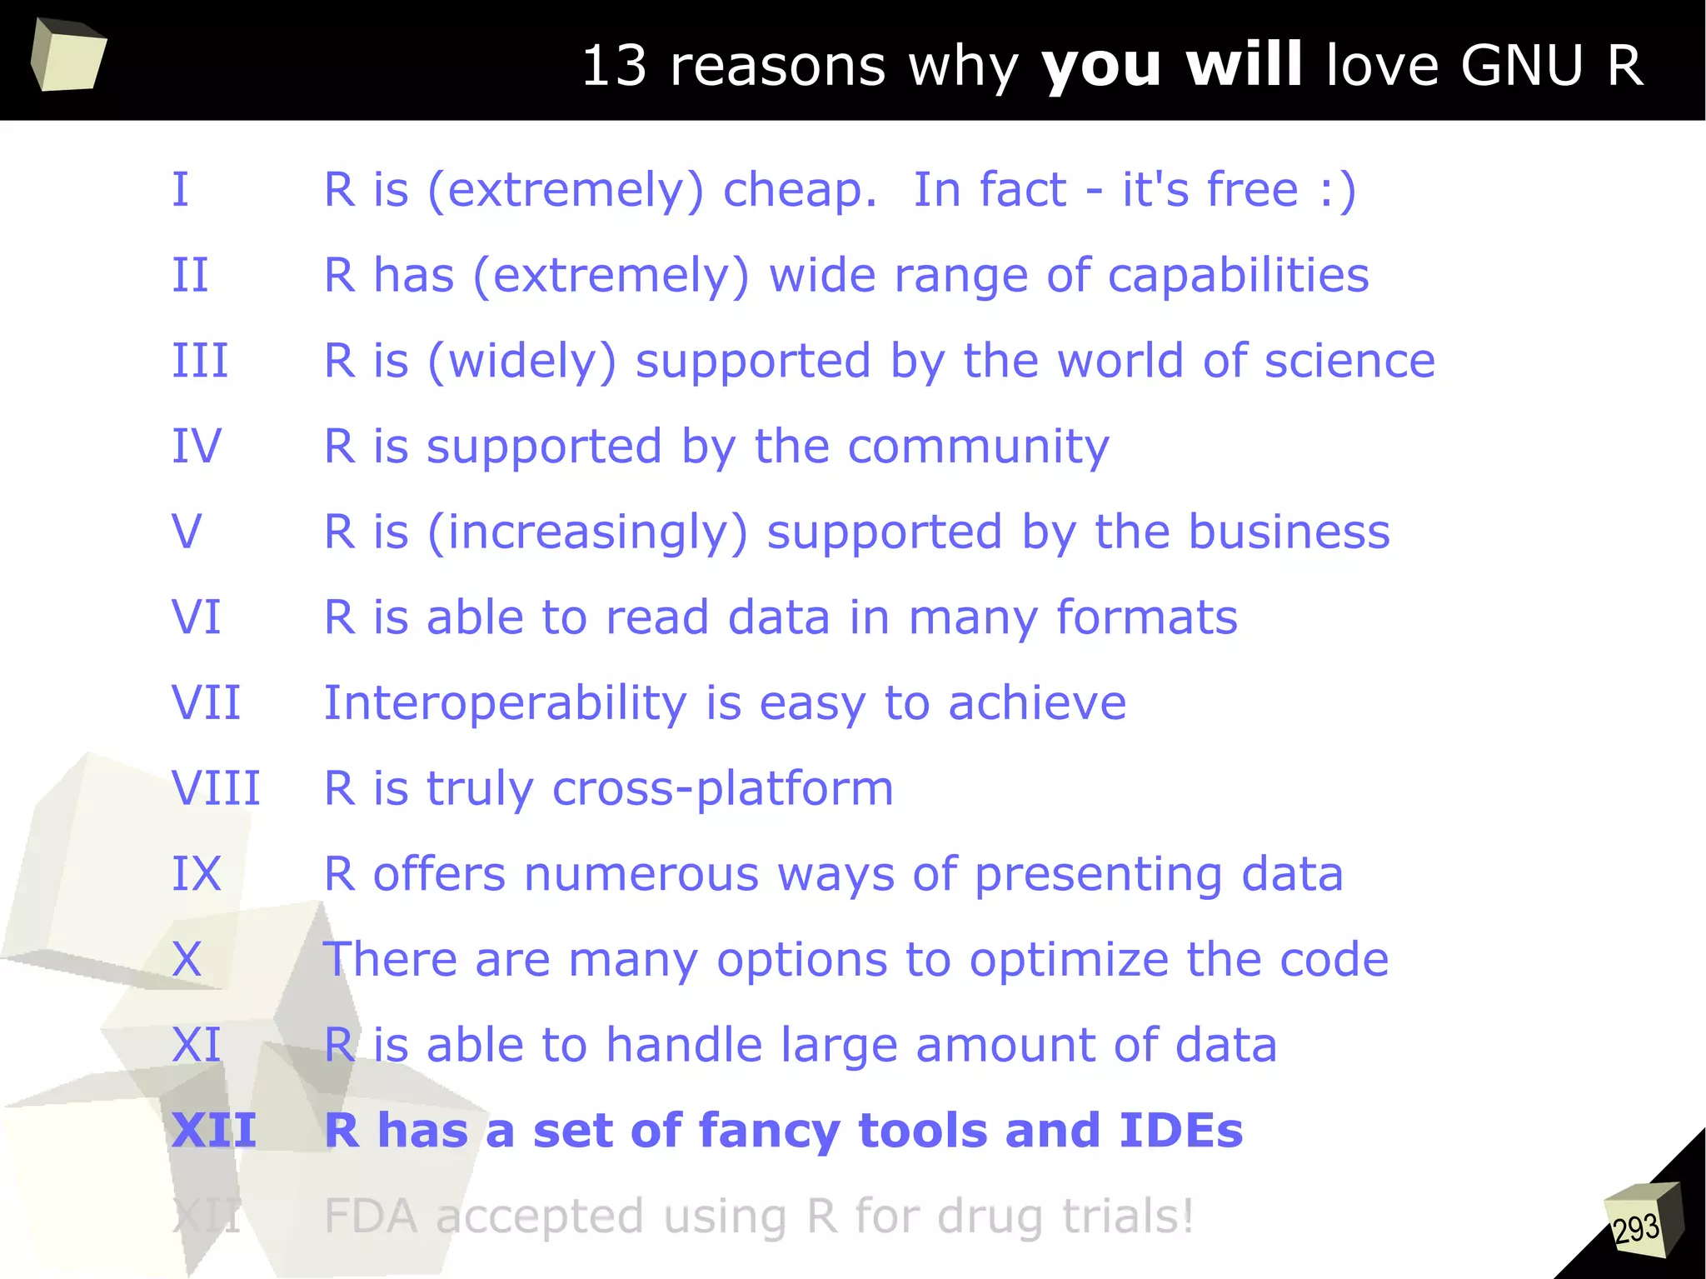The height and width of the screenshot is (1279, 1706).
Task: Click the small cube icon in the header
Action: [x=68, y=55]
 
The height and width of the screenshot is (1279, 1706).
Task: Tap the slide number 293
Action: [x=1635, y=1228]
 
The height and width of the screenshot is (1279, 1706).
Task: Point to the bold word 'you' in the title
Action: [x=1101, y=67]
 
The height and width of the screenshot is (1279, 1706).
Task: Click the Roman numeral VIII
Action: [x=216, y=788]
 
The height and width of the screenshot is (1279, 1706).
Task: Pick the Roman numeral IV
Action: [x=197, y=447]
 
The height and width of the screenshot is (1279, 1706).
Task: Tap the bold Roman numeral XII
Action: [x=214, y=1131]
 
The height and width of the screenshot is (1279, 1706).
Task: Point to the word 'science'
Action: [x=1349, y=361]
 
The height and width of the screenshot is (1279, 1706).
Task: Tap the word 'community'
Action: [x=978, y=447]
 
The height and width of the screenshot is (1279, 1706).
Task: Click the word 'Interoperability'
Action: [x=505, y=703]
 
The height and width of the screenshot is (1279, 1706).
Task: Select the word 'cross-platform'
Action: [x=722, y=789]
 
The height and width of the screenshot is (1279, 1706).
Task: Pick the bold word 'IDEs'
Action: [x=1180, y=1131]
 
